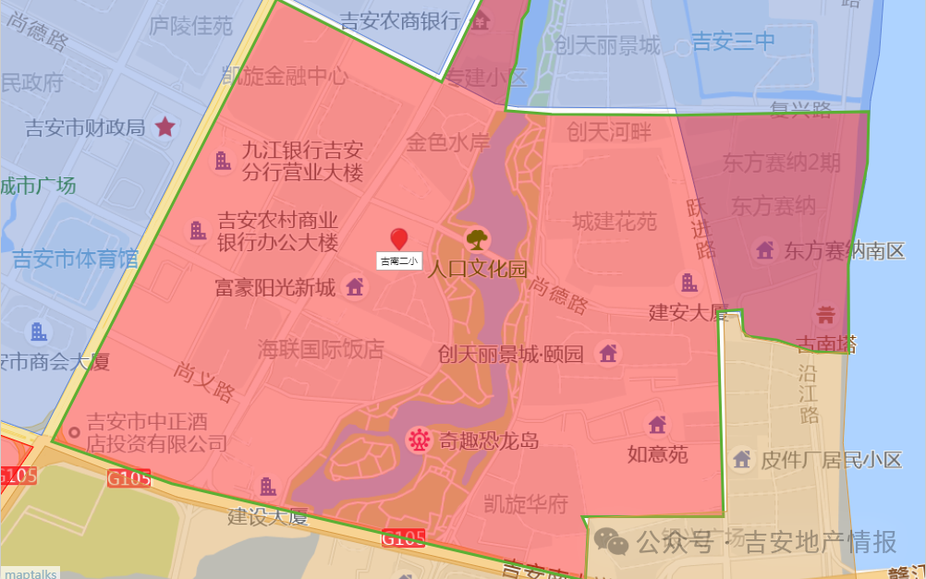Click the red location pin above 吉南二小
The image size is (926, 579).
click(x=399, y=238)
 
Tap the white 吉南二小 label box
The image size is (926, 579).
click(x=399, y=261)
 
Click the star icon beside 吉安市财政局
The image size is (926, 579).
click(x=165, y=127)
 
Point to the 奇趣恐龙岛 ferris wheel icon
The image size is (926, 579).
click(x=420, y=440)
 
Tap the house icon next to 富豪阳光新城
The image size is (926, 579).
click(x=354, y=287)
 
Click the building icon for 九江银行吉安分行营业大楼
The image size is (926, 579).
click(x=223, y=161)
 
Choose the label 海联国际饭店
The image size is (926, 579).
click(x=321, y=349)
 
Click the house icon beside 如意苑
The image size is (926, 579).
click(x=657, y=425)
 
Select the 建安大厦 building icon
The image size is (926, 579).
click(x=689, y=283)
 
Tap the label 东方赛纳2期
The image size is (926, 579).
click(x=782, y=163)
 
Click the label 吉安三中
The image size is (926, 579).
click(x=733, y=42)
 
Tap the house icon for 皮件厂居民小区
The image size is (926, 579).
click(x=741, y=459)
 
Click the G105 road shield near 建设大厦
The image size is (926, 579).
click(x=128, y=478)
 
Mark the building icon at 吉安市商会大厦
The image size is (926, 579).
click(x=39, y=332)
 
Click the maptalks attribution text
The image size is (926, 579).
click(x=30, y=573)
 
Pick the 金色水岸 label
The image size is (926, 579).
click(x=448, y=142)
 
